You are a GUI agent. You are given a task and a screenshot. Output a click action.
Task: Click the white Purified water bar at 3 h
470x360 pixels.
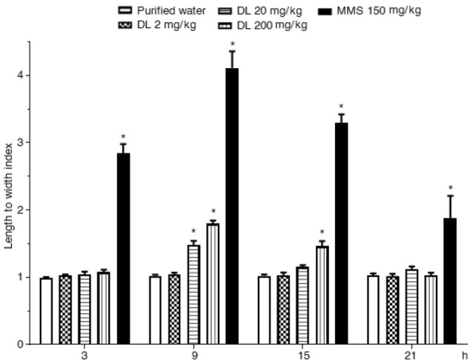tap(46, 311)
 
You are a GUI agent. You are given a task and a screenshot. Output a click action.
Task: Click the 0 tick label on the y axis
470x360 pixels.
tap(20, 344)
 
